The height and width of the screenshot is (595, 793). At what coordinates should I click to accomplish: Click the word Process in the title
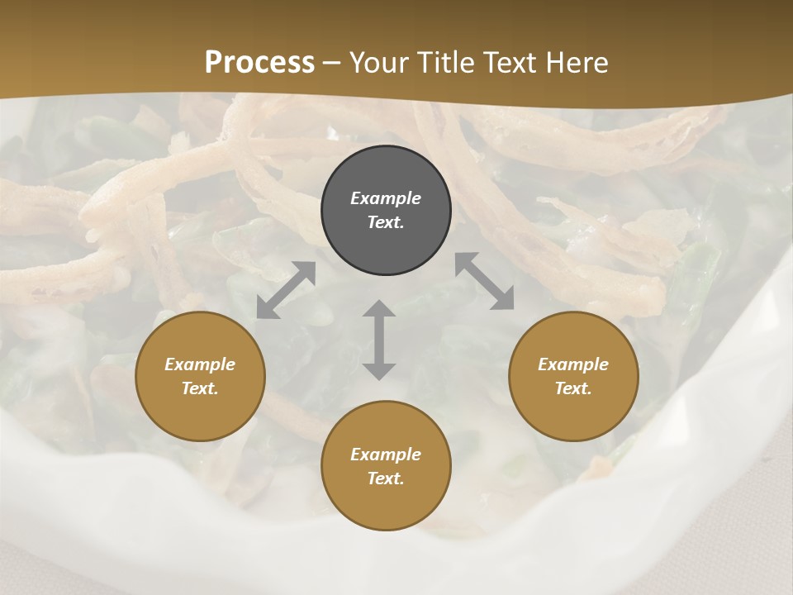coord(259,63)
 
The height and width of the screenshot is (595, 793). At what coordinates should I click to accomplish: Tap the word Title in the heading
coord(447,63)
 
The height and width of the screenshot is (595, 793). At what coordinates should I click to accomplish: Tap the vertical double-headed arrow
coord(379,340)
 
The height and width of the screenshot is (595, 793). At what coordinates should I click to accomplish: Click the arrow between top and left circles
coord(286,290)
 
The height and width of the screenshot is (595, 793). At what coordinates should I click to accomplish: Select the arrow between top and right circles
coord(484,282)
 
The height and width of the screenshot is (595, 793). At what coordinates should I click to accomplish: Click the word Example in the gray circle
coord(386,198)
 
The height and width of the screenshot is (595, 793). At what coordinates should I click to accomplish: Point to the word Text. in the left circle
coord(200,388)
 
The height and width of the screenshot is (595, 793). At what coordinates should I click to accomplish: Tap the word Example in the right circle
coord(573,364)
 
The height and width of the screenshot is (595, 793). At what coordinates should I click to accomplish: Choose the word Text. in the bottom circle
coord(386,478)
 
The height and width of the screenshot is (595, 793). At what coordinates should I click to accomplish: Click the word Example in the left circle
coord(200,364)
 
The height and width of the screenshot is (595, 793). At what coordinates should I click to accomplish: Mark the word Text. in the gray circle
coord(386,222)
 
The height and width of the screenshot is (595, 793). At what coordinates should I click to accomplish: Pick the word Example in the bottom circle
coord(386,455)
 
